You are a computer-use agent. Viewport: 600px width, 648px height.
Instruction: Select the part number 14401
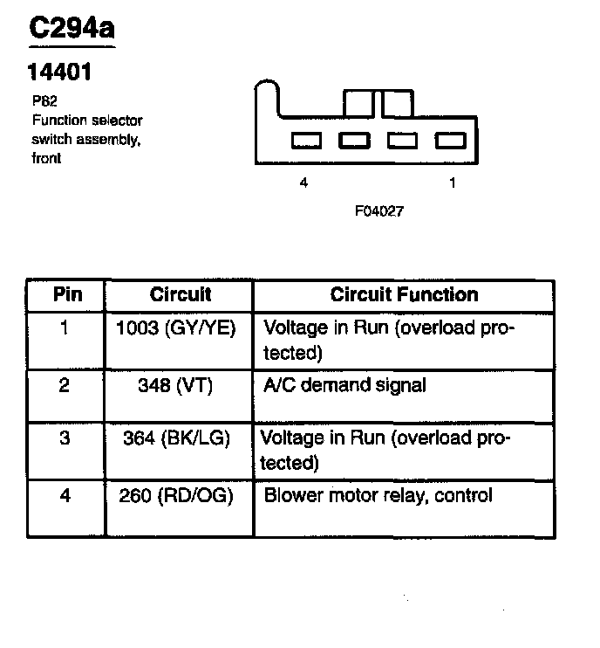click(x=60, y=71)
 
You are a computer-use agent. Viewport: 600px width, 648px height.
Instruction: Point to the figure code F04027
click(x=378, y=211)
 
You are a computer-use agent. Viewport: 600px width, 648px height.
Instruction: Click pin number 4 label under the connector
click(x=303, y=183)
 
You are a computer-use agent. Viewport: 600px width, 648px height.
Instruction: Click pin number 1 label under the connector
click(x=452, y=183)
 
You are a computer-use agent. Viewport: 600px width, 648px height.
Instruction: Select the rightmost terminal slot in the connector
click(x=450, y=140)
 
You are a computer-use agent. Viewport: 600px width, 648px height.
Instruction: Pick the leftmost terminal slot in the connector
click(x=307, y=140)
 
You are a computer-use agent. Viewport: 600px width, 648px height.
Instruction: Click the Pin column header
click(x=68, y=294)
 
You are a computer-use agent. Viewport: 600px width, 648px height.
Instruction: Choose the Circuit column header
click(x=181, y=294)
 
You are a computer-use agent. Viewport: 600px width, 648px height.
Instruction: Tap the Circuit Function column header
click(x=404, y=294)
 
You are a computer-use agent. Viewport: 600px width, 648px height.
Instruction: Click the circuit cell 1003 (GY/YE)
click(x=176, y=330)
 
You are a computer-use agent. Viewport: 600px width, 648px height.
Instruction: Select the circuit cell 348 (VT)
click(x=175, y=385)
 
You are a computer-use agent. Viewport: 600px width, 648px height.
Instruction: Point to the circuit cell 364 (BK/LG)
click(x=176, y=438)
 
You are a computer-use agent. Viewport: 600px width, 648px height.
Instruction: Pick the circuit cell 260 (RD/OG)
click(x=176, y=496)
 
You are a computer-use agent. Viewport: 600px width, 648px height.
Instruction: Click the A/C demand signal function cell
click(x=344, y=385)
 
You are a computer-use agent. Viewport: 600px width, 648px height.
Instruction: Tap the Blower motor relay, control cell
click(x=378, y=496)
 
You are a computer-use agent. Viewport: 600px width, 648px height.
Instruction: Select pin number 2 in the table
click(x=64, y=385)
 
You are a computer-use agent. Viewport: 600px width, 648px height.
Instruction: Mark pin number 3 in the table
click(x=64, y=438)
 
